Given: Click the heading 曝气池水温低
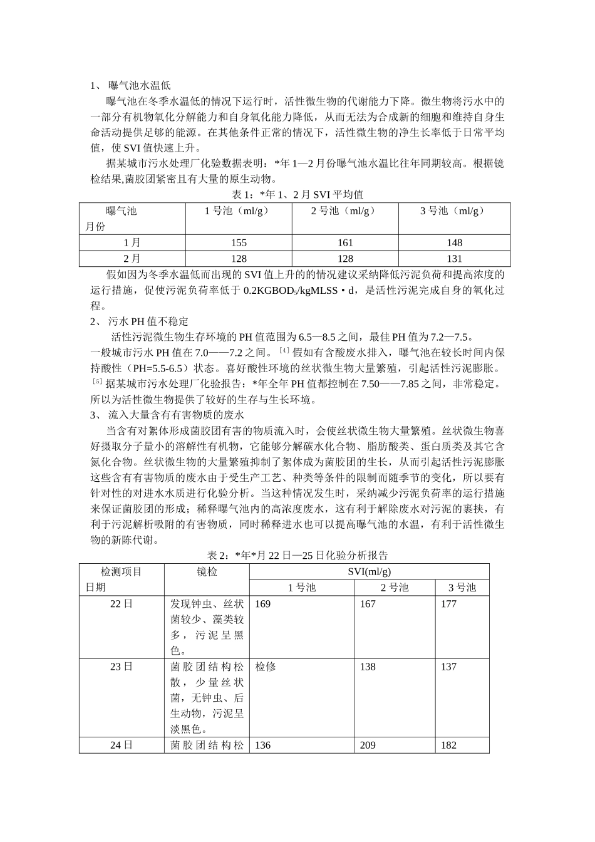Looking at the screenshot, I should point(139,85).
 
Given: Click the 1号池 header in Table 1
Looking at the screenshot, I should point(239,211).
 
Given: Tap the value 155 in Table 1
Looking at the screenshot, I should point(239,242).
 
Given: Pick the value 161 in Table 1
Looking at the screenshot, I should point(345,242).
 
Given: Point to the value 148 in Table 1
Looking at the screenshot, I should point(454,242).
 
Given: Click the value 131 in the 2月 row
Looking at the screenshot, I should point(454,258).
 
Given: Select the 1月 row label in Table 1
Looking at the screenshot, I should point(132,242).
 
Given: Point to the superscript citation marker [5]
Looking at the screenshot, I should point(97,381).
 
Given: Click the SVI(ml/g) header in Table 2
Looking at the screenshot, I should point(370,571).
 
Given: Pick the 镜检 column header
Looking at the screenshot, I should point(207,571).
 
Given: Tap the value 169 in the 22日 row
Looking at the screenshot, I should point(263,604).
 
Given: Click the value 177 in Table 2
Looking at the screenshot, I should point(448,604).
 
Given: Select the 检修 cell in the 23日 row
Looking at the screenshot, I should point(265,667).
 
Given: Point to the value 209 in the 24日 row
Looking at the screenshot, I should point(368,745).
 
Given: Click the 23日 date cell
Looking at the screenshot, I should point(122,667).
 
